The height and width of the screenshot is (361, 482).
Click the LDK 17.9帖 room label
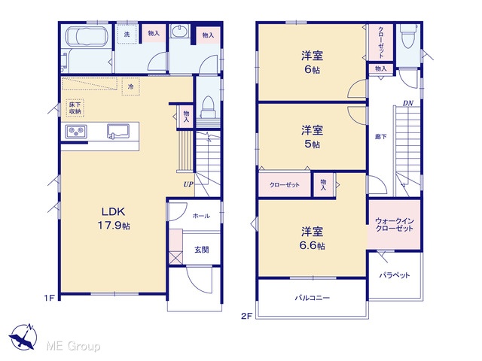click(x=114, y=219)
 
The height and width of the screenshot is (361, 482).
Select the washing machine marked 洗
click(x=127, y=35)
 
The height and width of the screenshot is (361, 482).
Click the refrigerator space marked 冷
click(x=130, y=86)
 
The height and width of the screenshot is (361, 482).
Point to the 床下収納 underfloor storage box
click(x=75, y=108)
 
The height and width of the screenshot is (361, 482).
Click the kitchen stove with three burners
click(x=76, y=132)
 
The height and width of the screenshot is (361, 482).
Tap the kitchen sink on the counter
click(x=118, y=131)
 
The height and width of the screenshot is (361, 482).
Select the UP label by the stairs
click(x=188, y=184)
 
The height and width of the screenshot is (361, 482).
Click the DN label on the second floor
click(x=408, y=104)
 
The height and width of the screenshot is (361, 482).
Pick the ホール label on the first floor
click(x=201, y=216)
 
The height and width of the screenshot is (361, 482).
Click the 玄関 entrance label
click(x=202, y=250)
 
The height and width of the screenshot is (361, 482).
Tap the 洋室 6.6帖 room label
click(x=313, y=238)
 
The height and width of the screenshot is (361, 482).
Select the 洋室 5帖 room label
click(x=312, y=137)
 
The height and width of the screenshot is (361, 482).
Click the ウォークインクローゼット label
click(x=395, y=225)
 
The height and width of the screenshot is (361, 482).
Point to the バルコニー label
click(x=313, y=298)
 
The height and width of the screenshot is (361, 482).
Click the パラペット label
click(x=395, y=275)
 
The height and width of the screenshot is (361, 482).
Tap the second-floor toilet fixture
click(x=408, y=36)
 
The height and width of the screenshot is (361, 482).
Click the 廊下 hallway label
click(x=380, y=137)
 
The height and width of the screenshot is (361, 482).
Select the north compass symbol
click(x=23, y=337)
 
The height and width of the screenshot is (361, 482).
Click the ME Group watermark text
click(x=73, y=346)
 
